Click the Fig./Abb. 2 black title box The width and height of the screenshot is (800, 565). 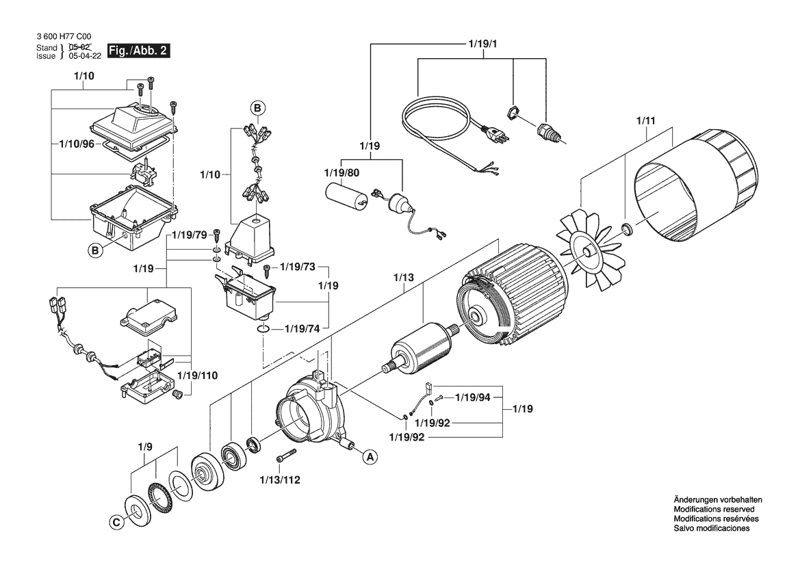[138, 51]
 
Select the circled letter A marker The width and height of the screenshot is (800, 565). [370, 457]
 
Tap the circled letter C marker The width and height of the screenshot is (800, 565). [116, 523]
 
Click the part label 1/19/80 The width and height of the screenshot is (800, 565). [342, 173]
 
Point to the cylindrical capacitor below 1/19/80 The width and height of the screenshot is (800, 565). [346, 196]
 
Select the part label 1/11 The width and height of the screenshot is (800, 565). [645, 121]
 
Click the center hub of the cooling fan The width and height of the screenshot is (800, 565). [589, 252]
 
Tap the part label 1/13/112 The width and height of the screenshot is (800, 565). [280, 480]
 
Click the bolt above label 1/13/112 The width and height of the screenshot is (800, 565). [286, 456]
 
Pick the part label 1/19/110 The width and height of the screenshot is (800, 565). [198, 376]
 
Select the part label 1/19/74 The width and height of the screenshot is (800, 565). [302, 329]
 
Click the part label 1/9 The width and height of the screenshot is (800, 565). [145, 447]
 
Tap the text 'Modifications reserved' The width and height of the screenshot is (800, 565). [714, 509]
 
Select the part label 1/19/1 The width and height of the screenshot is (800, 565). [482, 44]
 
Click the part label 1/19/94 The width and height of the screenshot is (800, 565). [472, 397]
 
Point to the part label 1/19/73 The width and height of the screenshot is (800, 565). [298, 267]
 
